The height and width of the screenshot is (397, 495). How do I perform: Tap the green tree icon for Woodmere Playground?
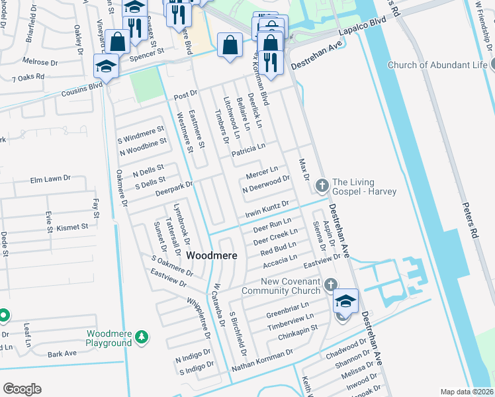click(141, 338)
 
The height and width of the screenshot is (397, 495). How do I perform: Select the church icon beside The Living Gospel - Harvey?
click(322, 185)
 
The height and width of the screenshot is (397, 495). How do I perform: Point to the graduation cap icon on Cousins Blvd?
click(106, 66)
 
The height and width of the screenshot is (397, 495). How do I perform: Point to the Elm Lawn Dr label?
click(50, 179)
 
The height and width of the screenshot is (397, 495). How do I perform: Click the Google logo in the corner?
click(22, 389)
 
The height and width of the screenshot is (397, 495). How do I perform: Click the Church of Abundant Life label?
click(437, 65)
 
